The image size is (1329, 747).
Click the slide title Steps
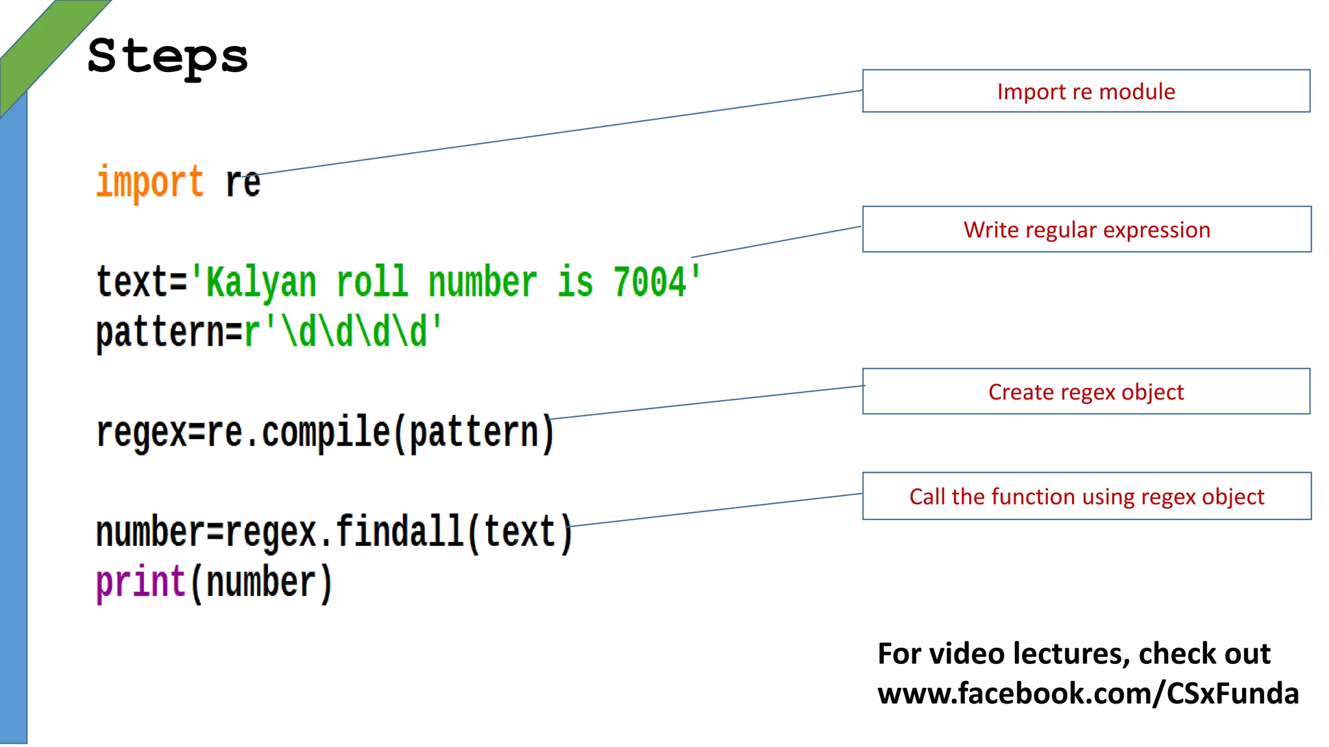(x=167, y=57)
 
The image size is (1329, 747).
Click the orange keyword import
(x=150, y=182)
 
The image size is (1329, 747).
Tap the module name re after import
(x=243, y=183)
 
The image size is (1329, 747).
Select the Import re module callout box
(x=1086, y=91)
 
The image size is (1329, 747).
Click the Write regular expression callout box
(x=1086, y=230)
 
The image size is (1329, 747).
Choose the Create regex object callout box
(x=1086, y=392)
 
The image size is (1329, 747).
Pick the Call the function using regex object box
(x=1086, y=496)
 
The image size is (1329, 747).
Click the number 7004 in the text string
(x=650, y=283)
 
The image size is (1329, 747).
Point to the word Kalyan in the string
(x=261, y=283)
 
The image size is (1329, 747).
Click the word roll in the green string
(x=372, y=283)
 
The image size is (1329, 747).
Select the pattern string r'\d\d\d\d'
(x=343, y=332)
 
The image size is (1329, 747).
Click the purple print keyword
(x=141, y=582)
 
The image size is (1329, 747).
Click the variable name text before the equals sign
(x=132, y=283)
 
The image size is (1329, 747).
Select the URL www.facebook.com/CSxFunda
(x=1088, y=693)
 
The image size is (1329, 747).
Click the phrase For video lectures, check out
(x=1073, y=654)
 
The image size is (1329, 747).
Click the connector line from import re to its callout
(x=558, y=132)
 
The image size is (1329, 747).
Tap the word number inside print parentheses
(x=261, y=582)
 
